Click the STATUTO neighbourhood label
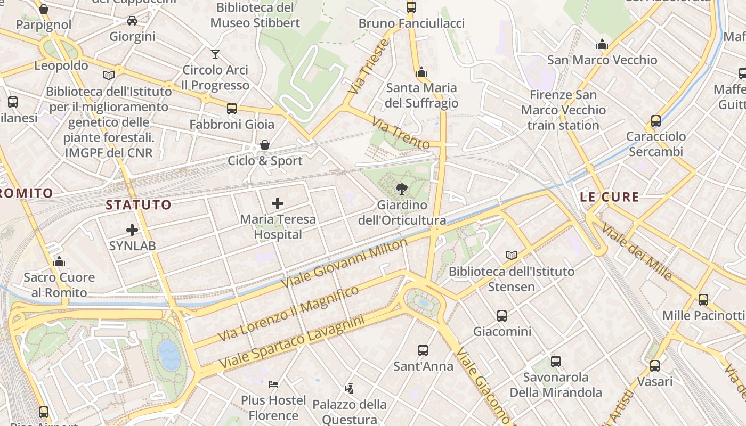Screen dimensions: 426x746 [x=139, y=205]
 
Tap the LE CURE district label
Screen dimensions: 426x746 [x=609, y=197]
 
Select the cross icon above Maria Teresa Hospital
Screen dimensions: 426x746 [x=278, y=203]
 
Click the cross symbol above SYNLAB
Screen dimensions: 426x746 [x=132, y=230]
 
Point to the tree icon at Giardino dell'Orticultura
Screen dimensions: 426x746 [x=402, y=189]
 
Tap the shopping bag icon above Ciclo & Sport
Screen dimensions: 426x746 [x=264, y=145]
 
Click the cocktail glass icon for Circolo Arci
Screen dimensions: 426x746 [x=215, y=54]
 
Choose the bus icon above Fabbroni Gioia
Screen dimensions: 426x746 [x=232, y=109]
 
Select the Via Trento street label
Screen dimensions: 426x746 [x=401, y=133]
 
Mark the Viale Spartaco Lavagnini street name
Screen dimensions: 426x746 [x=291, y=342]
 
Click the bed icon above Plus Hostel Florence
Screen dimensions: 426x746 [x=273, y=384]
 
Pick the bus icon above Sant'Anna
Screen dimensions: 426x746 [x=423, y=350]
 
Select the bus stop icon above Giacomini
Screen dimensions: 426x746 [x=502, y=316]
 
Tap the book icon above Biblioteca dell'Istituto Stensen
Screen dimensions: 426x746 [x=512, y=256]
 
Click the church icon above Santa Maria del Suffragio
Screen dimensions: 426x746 [x=421, y=72]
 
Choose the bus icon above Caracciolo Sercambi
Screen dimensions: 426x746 [x=656, y=121]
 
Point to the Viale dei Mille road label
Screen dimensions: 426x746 [x=637, y=252]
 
